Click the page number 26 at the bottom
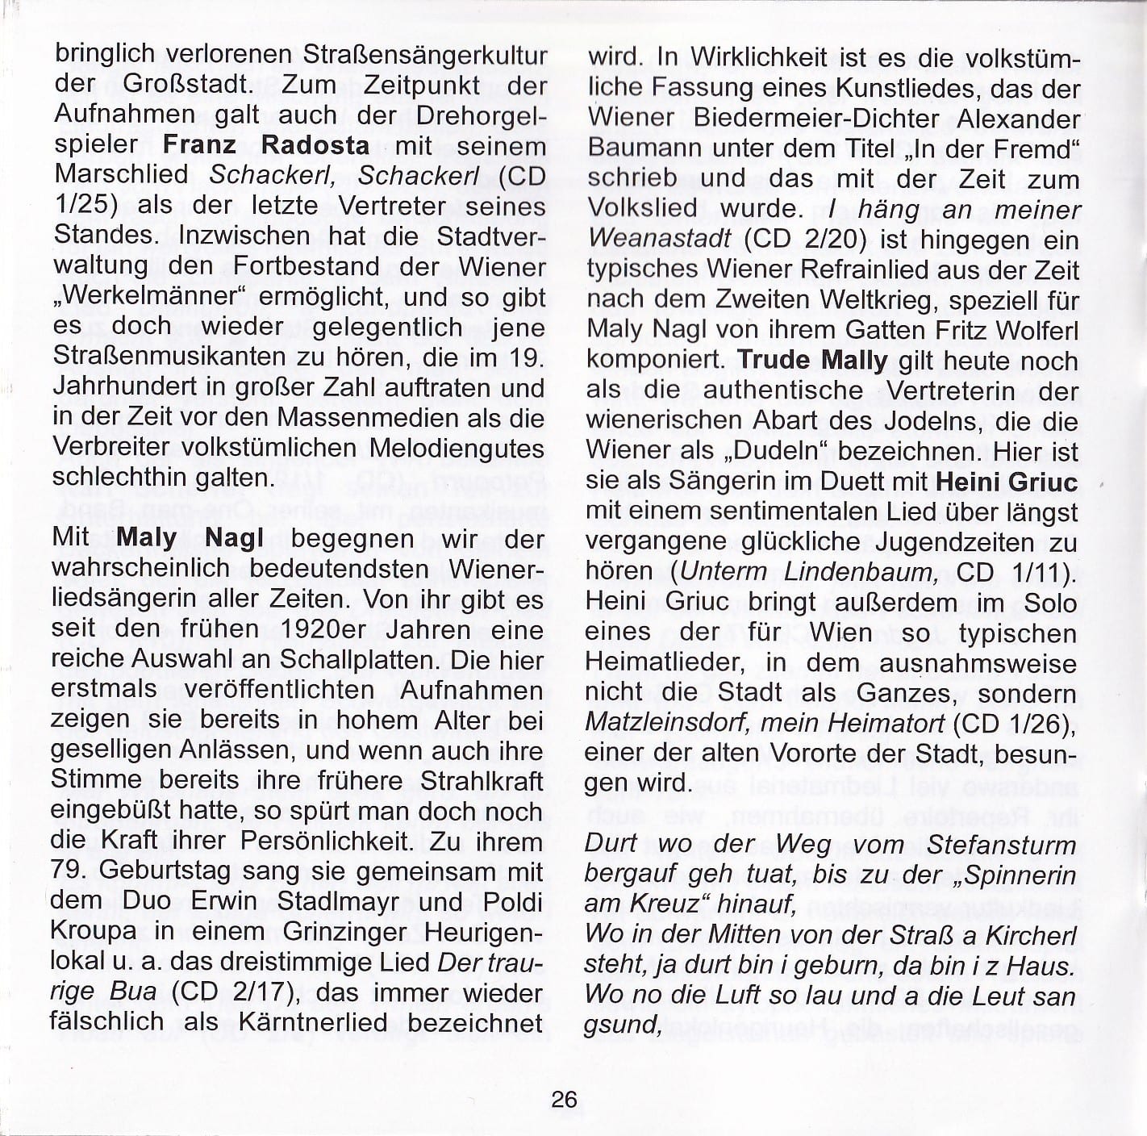click(565, 1099)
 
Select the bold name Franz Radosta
click(266, 146)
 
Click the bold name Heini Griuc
click(1006, 482)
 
